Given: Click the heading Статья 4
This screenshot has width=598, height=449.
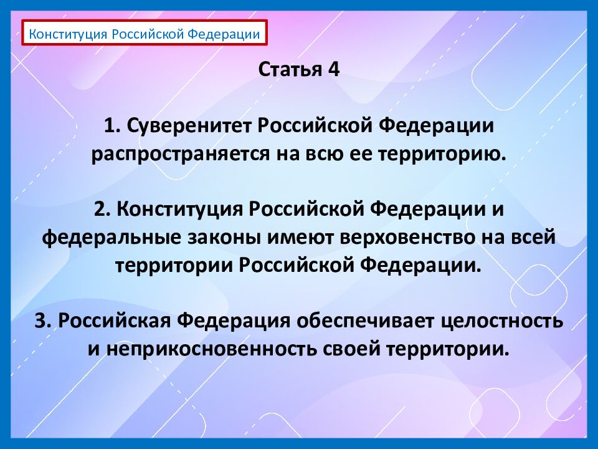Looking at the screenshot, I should (x=299, y=69).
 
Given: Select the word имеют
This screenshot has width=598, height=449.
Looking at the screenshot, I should (x=298, y=238).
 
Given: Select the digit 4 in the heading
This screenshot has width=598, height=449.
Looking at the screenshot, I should (x=335, y=69).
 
